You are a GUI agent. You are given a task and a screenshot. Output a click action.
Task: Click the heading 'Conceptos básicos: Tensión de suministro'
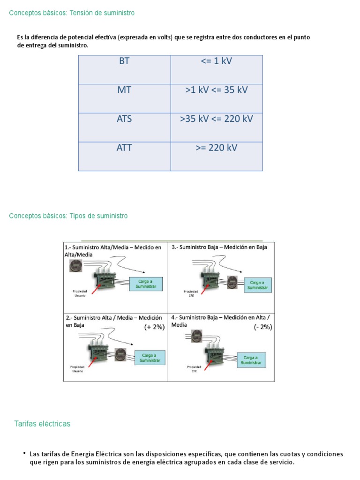click(72, 13)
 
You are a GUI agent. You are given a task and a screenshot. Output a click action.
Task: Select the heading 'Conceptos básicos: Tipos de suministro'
click(68, 216)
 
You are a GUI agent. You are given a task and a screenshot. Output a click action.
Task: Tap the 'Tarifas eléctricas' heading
click(42, 424)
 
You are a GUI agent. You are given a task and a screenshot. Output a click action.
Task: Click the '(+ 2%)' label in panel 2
click(154, 327)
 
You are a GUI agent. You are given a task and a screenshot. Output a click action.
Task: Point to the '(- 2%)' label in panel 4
click(263, 327)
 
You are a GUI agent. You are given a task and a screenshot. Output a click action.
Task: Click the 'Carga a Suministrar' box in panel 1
click(145, 284)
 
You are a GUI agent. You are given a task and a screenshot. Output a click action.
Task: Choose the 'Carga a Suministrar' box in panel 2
click(150, 358)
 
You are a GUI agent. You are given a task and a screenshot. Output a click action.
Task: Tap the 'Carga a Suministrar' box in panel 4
click(251, 360)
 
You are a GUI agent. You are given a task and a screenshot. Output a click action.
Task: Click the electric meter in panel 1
click(75, 266)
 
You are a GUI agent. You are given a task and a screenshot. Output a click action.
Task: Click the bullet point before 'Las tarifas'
click(24, 453)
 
